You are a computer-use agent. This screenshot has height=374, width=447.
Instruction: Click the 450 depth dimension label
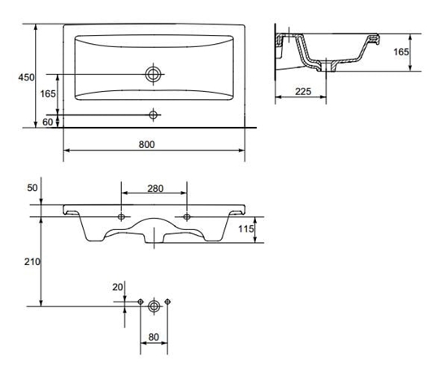pyautogui.click(x=26, y=77)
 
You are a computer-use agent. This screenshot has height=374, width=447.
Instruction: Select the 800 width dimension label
pyautogui.click(x=146, y=144)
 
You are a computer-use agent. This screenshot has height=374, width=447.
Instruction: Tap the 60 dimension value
pyautogui.click(x=48, y=121)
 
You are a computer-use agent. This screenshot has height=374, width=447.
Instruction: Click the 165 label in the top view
pyautogui.click(x=48, y=94)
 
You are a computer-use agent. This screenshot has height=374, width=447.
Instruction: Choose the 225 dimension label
pyautogui.click(x=303, y=92)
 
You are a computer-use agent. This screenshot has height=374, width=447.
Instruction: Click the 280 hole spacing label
pyautogui.click(x=154, y=189)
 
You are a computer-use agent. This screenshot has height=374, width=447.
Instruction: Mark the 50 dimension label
pyautogui.click(x=33, y=188)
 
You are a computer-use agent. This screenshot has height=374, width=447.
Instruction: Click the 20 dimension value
pyautogui.click(x=119, y=287)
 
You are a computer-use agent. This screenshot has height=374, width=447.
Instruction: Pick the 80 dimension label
pyautogui.click(x=153, y=335)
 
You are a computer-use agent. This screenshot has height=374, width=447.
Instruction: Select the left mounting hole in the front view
pyautogui.click(x=122, y=217)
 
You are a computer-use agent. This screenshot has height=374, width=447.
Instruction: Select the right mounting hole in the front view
pyautogui.click(x=188, y=217)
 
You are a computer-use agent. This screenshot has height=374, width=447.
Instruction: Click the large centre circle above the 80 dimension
pyautogui.click(x=154, y=304)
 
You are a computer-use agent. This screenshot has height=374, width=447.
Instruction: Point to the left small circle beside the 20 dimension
pyautogui.click(x=140, y=303)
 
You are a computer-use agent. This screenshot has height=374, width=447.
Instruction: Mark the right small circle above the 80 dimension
pyautogui.click(x=167, y=303)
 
